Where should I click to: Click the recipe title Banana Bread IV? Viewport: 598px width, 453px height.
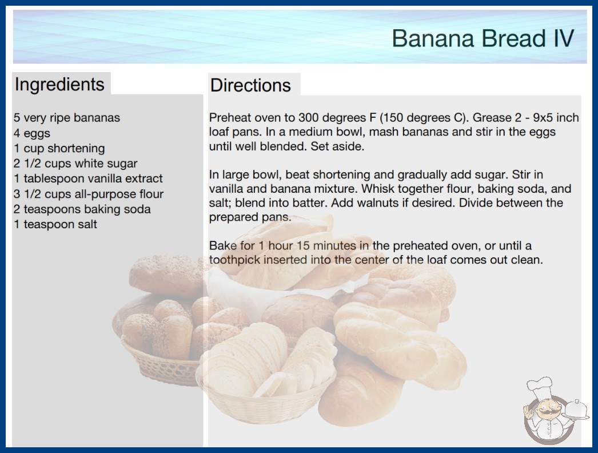[483, 38]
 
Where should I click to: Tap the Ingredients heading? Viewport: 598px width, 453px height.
[59, 84]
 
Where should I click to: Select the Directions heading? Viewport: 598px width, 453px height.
[250, 85]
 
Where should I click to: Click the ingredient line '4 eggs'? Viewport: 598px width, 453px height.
[32, 133]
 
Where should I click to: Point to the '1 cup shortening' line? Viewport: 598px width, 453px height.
[59, 148]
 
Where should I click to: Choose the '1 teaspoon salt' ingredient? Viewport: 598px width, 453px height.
[55, 224]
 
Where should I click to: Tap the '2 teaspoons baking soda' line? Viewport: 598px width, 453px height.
[82, 209]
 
